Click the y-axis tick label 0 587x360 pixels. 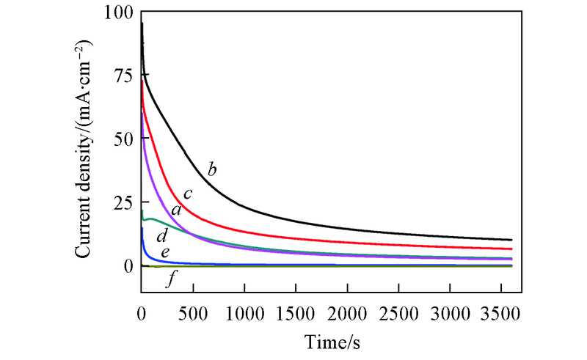128,266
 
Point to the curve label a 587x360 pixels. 175,210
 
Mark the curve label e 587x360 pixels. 166,253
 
